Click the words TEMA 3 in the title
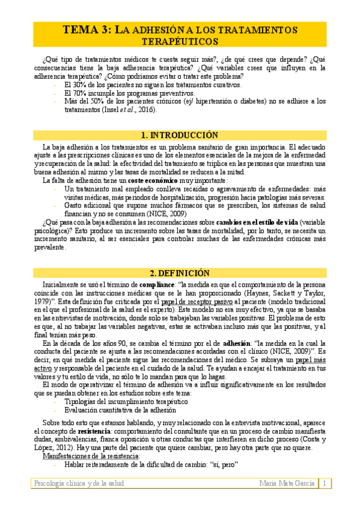click(x=86, y=29)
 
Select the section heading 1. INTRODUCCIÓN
click(x=179, y=135)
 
